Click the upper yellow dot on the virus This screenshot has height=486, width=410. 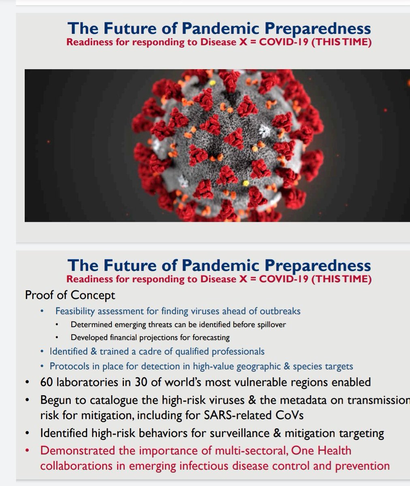pos(212,83)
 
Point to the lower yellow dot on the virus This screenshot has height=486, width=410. pos(246,183)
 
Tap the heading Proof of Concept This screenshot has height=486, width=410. pos(70,295)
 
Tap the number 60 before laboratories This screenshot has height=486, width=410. pos(47,382)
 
